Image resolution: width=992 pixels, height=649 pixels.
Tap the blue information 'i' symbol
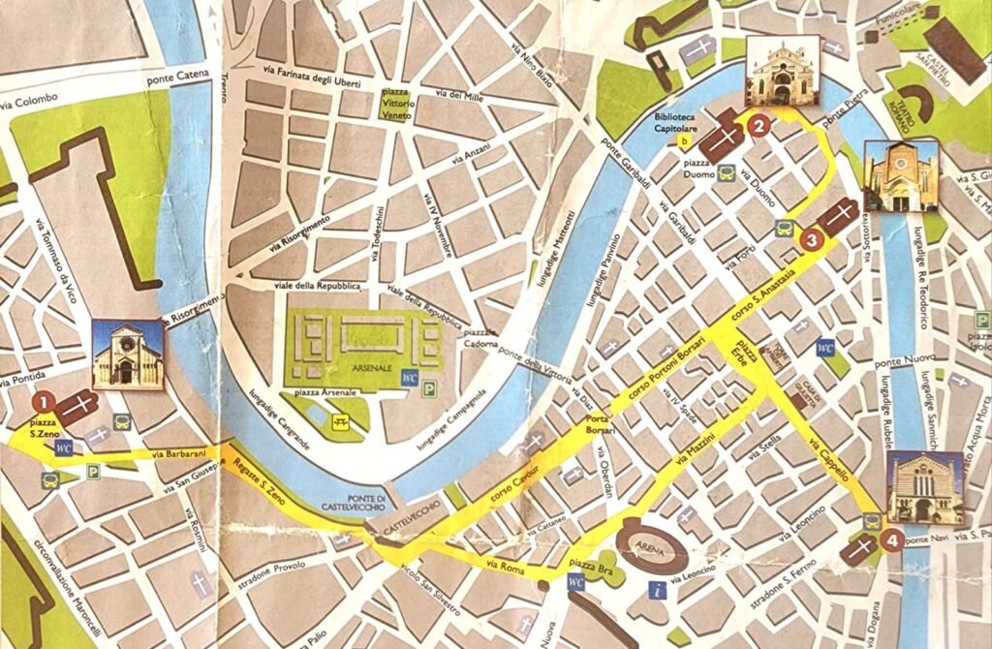[660, 588]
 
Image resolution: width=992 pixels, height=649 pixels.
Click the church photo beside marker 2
[782, 71]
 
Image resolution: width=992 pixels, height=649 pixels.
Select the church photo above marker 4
[925, 487]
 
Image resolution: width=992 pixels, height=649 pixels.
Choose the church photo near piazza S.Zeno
[127, 354]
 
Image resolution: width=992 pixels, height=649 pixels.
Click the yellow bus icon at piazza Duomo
[724, 174]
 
